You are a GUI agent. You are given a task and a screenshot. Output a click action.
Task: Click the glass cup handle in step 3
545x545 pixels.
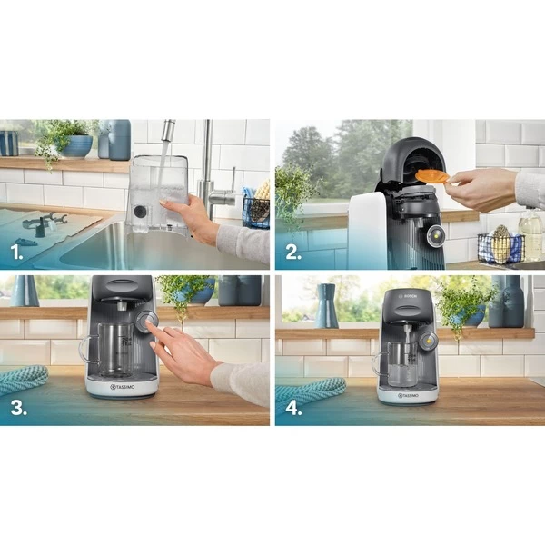86,349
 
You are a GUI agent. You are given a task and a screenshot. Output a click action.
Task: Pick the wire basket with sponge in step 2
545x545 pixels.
500,248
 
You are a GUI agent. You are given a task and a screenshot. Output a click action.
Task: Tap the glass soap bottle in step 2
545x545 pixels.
530,236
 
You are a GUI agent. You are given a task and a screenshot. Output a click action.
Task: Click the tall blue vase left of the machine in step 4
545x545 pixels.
327,307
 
